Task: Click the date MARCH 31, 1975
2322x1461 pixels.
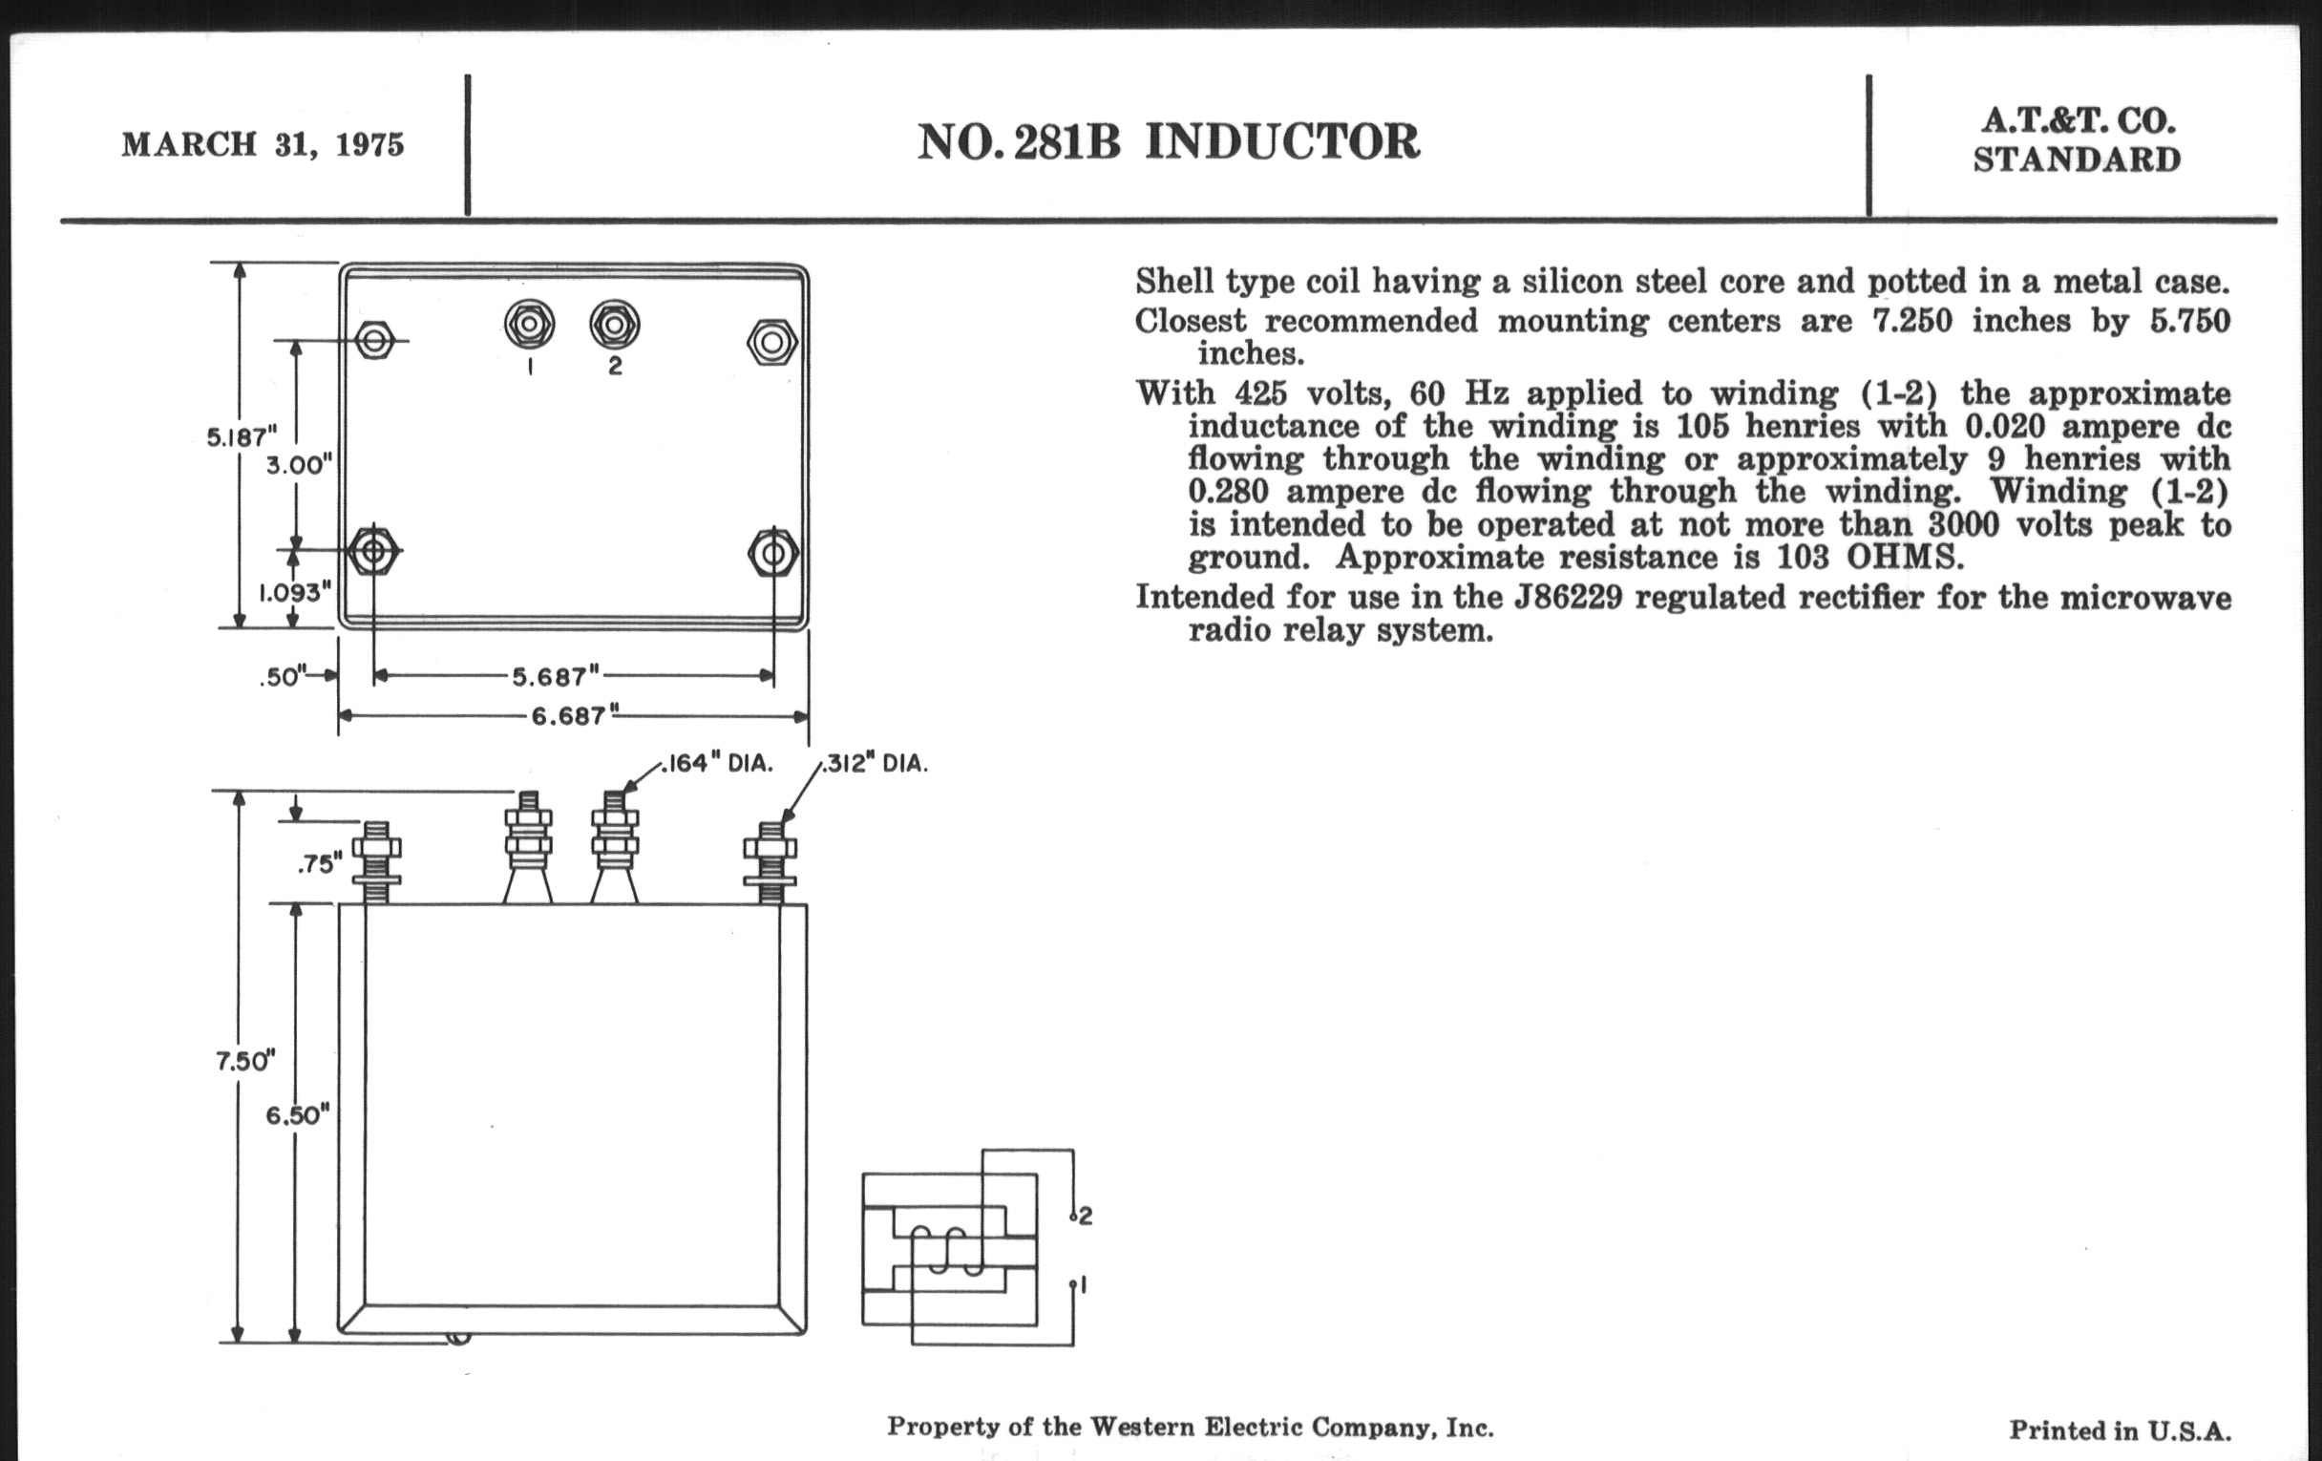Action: (x=263, y=144)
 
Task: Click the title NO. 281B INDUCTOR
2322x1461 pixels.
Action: (x=1168, y=142)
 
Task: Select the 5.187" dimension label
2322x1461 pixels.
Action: (x=241, y=436)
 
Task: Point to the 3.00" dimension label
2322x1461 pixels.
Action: (x=299, y=465)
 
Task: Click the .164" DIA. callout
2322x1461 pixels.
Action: (x=717, y=764)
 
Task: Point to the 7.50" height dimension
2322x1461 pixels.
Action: (x=245, y=1061)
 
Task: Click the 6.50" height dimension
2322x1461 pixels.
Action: (x=298, y=1114)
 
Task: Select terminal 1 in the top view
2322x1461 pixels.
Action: (x=529, y=325)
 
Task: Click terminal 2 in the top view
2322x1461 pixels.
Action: (x=614, y=325)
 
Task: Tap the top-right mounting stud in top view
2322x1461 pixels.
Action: (x=771, y=342)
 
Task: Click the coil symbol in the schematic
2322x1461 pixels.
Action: (x=950, y=1250)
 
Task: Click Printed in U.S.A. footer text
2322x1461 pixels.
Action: (x=2120, y=1430)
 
